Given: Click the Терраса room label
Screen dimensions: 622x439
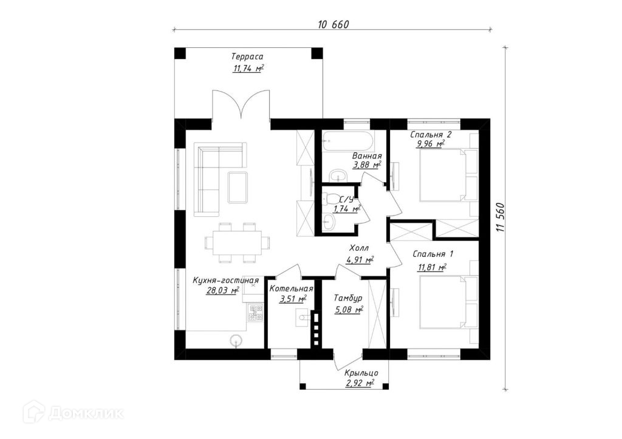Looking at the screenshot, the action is click(247, 56).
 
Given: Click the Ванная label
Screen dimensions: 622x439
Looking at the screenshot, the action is click(366, 156).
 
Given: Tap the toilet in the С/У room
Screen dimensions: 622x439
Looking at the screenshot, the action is click(332, 199).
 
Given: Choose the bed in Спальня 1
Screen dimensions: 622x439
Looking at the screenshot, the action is click(444, 301).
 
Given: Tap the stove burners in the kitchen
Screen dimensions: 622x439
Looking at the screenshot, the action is click(255, 313).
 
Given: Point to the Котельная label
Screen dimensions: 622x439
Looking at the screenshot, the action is click(291, 288).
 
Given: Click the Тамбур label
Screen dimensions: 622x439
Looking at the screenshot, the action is click(348, 298).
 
